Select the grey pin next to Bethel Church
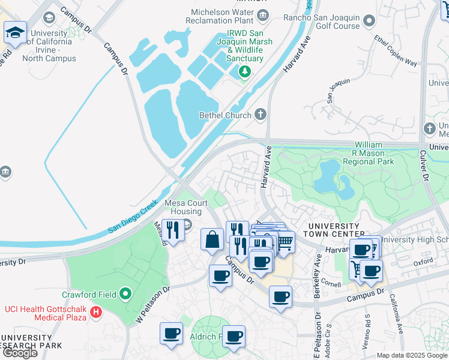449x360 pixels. [x=261, y=114]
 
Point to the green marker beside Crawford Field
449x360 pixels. [x=125, y=294]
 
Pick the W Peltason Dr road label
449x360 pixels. [x=153, y=305]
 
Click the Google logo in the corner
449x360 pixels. [x=20, y=353]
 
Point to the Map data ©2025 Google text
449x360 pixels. [x=412, y=355]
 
